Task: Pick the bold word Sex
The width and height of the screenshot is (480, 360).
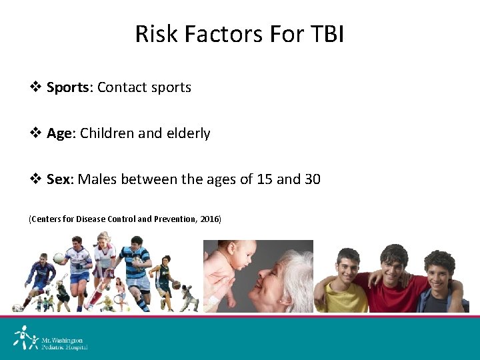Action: click(x=61, y=179)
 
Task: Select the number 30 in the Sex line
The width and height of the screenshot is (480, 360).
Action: click(x=311, y=179)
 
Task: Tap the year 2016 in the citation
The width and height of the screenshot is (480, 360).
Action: click(x=209, y=219)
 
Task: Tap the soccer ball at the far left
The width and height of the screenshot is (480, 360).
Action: click(x=17, y=308)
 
